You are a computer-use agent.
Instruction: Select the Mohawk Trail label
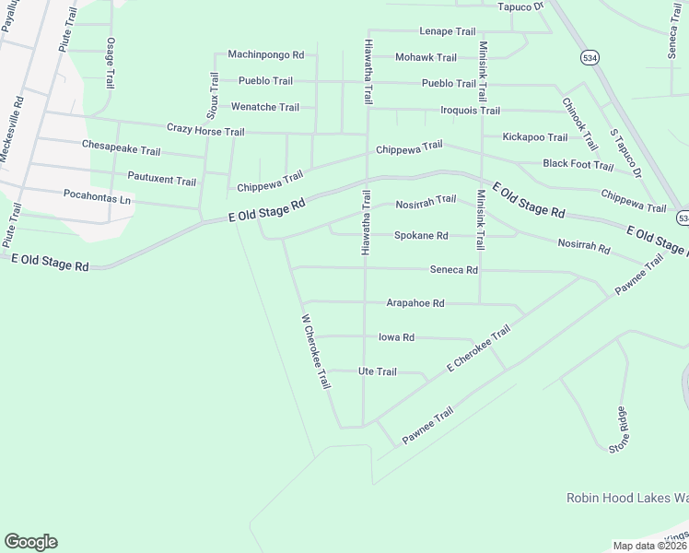coord(426,57)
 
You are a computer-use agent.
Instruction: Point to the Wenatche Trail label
coord(264,107)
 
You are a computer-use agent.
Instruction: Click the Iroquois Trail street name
coord(471,111)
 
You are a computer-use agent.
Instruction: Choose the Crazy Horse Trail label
coord(205,131)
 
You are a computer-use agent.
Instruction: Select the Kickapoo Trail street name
coord(535,137)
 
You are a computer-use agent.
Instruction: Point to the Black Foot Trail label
coord(578,165)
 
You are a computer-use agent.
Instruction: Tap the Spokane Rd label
coord(421,236)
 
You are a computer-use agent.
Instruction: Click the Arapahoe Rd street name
coord(415,303)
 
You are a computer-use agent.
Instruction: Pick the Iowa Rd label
coord(397,337)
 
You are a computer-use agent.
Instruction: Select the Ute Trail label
coord(377,371)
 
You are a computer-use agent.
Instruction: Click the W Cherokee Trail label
coord(316,351)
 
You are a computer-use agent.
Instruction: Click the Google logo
coord(30,542)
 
